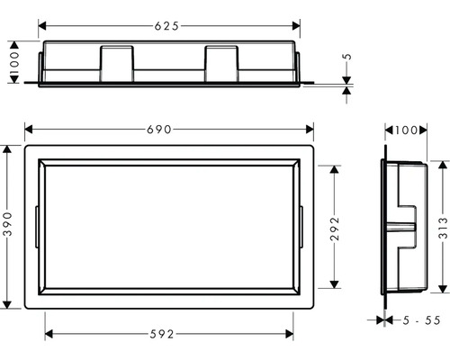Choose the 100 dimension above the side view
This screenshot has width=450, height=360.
(406, 131)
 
